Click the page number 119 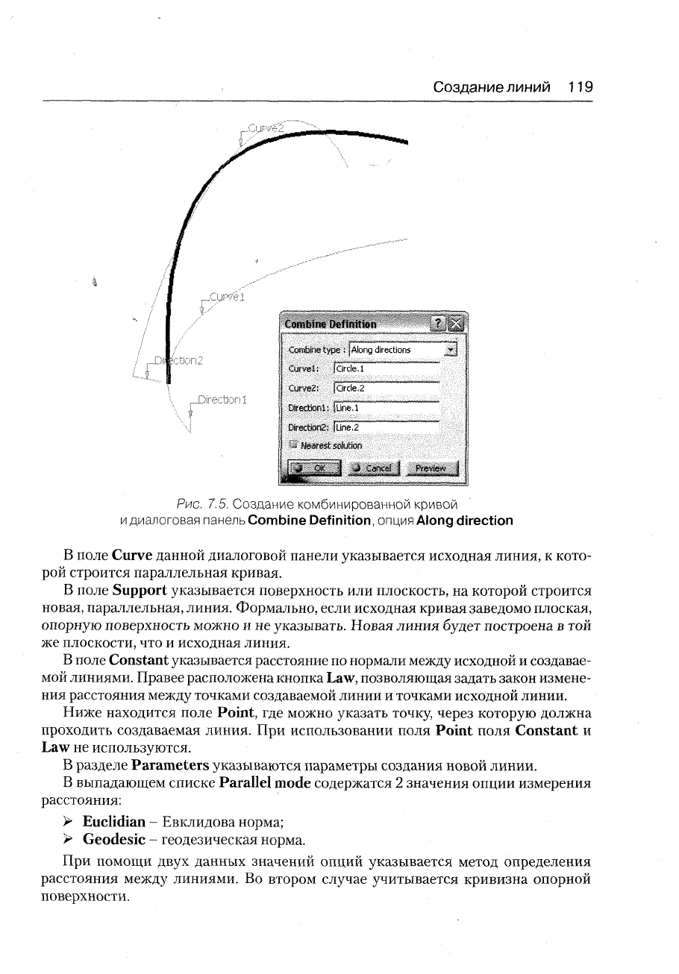[x=580, y=87]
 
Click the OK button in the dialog [x=313, y=468]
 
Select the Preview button [x=431, y=468]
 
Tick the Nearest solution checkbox [x=294, y=445]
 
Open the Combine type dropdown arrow [x=450, y=349]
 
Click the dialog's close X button [x=457, y=323]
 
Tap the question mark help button [x=440, y=323]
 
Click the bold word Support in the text [x=140, y=591]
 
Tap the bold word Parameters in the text [x=169, y=764]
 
